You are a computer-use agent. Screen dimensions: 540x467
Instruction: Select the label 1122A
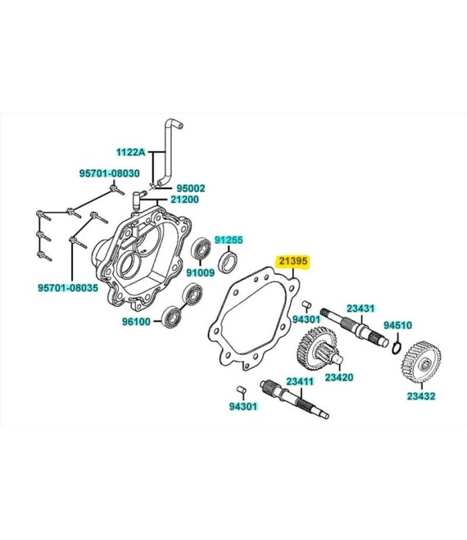[x=130, y=152]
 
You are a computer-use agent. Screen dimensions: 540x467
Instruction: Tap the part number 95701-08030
[x=110, y=173]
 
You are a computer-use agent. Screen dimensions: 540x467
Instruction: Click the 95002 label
[x=192, y=187]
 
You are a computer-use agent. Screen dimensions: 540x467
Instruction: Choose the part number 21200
[x=184, y=200]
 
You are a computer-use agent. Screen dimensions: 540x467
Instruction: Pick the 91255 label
[x=229, y=240]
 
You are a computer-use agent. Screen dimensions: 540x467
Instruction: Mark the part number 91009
[x=200, y=272]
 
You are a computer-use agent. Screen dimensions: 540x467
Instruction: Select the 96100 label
[x=137, y=322]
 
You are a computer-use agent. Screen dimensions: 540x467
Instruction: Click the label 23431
[x=360, y=308]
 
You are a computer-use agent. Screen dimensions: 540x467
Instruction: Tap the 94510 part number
[x=398, y=325]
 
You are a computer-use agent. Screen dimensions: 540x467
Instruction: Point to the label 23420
[x=339, y=377]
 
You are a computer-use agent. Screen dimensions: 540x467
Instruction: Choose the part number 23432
[x=421, y=396]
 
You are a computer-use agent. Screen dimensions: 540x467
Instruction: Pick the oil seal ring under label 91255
[x=232, y=262]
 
